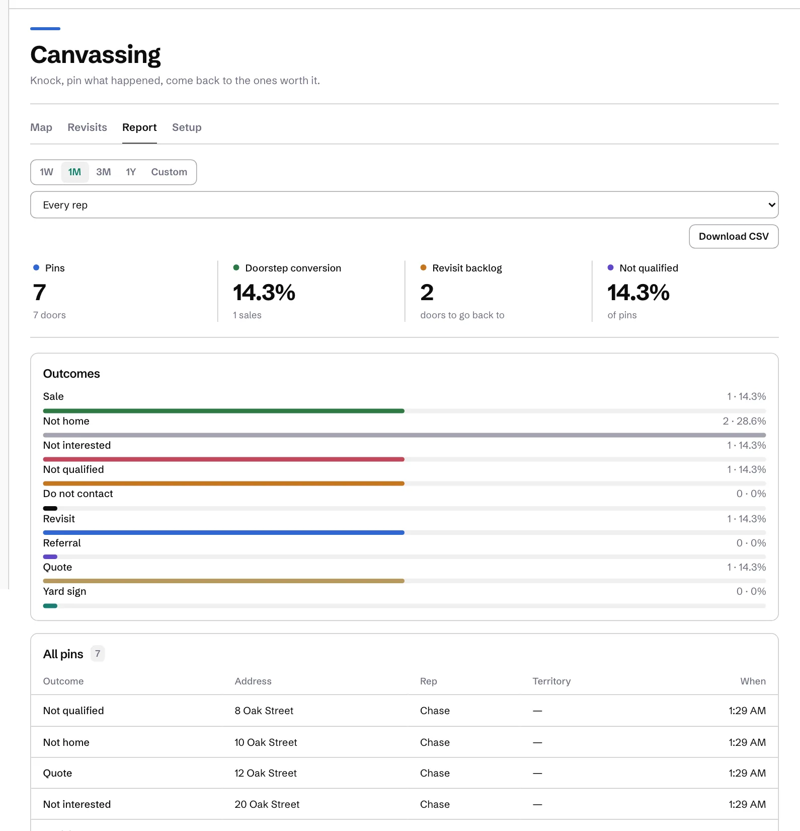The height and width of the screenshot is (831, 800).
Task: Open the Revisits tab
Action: (87, 127)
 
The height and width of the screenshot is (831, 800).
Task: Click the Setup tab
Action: (187, 127)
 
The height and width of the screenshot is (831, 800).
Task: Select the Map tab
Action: (41, 127)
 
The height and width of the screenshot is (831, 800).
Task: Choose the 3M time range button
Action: (104, 172)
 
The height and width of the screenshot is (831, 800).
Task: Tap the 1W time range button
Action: (46, 172)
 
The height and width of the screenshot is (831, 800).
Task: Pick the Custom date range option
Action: (169, 172)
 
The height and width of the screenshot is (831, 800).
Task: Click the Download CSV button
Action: (734, 237)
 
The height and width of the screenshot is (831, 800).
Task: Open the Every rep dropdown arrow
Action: (771, 205)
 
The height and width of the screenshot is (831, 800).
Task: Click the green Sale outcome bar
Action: (224, 411)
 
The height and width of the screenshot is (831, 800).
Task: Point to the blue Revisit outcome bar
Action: (224, 532)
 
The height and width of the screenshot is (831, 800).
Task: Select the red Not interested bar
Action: (224, 459)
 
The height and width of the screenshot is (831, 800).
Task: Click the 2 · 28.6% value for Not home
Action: (744, 421)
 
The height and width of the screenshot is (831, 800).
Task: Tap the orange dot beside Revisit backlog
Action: (424, 267)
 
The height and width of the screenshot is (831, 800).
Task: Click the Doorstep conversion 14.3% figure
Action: (264, 293)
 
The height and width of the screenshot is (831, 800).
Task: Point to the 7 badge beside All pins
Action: (98, 654)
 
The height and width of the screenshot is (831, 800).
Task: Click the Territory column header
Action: (551, 681)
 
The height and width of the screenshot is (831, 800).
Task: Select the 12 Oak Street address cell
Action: (266, 773)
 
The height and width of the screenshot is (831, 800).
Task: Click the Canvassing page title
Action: (96, 55)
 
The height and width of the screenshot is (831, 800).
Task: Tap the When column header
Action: (753, 681)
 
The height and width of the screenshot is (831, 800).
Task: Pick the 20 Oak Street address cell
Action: (267, 804)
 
